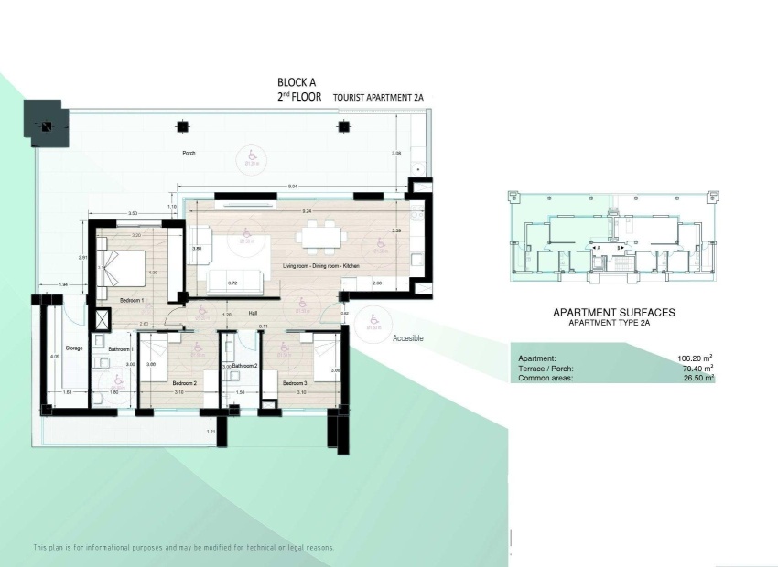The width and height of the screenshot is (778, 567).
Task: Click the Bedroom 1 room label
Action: click(132, 300)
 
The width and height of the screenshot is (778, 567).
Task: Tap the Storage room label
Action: click(74, 348)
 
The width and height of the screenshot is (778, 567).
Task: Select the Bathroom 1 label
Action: click(121, 349)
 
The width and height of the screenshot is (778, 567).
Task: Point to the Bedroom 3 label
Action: click(294, 383)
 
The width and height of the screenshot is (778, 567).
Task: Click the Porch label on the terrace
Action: click(189, 154)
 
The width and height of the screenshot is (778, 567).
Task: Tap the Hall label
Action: click(254, 313)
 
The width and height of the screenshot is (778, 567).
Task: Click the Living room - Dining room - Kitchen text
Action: click(322, 265)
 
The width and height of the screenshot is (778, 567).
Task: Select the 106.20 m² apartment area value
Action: click(696, 358)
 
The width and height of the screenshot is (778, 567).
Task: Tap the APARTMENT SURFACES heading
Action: click(613, 313)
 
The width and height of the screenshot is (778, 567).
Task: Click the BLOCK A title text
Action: click(297, 82)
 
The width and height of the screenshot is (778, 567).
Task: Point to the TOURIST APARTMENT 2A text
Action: click(379, 96)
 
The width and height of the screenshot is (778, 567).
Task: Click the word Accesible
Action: click(408, 338)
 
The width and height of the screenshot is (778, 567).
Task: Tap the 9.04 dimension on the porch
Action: click(292, 187)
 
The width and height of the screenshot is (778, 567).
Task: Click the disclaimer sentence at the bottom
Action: click(184, 548)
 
